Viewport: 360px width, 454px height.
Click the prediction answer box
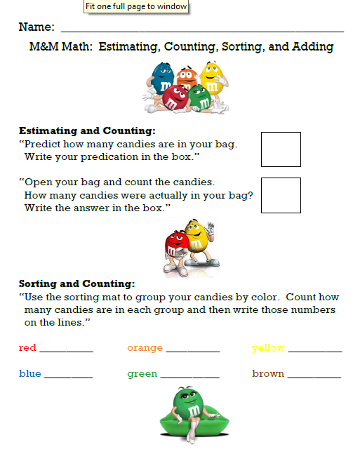(x=281, y=149)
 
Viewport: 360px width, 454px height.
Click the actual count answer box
(x=281, y=195)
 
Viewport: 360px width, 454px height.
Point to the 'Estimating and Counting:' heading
(x=87, y=131)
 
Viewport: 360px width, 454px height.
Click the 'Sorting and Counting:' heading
(x=76, y=283)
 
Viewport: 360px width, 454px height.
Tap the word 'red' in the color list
(x=27, y=347)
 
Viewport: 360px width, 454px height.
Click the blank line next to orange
(x=193, y=350)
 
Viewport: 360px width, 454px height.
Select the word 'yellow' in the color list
(x=268, y=347)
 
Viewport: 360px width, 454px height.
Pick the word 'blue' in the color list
(x=30, y=373)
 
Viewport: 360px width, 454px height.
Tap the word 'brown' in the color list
(x=268, y=373)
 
